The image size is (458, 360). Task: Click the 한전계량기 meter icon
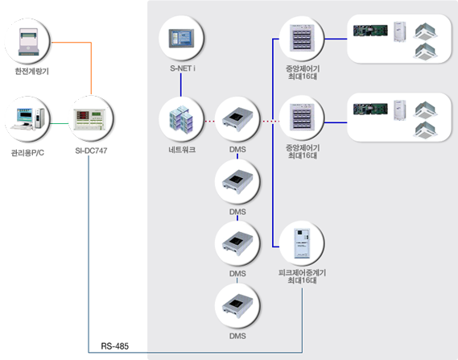28,42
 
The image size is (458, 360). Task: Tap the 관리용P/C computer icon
27,119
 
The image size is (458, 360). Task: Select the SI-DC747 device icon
91,119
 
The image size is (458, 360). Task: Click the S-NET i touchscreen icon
181,38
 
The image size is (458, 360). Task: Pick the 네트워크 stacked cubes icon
181,119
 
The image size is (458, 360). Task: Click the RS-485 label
115,346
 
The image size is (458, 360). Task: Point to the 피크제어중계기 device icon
302,243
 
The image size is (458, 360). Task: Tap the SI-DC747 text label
91,151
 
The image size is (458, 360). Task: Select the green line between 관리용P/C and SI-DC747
60,123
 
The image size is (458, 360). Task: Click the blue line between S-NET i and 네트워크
181,85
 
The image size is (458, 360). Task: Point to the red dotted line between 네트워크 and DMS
210,121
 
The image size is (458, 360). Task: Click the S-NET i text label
183,68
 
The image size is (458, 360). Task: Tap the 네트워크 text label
182,150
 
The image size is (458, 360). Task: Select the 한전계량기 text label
32,72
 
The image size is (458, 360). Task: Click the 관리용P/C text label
27,152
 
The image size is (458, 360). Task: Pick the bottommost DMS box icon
237,306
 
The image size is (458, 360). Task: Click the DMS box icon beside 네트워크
237,120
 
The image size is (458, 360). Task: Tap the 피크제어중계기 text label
302,273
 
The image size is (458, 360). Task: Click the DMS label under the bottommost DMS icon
237,336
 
